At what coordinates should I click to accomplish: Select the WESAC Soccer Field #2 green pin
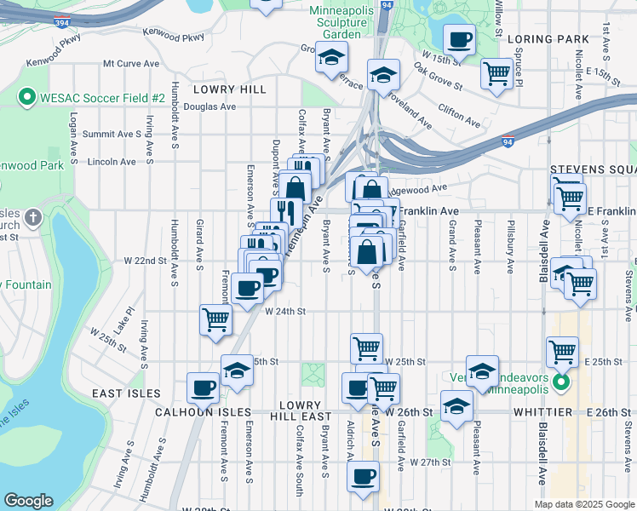point(26,98)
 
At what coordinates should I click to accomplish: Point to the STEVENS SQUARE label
point(593,169)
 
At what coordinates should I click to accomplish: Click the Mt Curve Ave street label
point(131,64)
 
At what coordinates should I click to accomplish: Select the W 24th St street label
point(285,312)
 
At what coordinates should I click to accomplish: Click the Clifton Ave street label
point(462,110)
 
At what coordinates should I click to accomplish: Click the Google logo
point(29,501)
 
